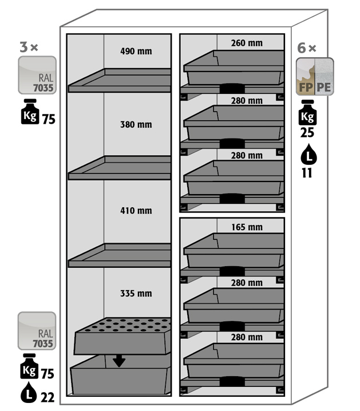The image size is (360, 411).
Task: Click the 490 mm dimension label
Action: click(136, 51)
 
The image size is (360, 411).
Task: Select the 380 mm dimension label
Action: click(136, 125)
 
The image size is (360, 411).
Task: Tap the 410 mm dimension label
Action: click(136, 211)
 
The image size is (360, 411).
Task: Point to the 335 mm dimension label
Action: click(136, 293)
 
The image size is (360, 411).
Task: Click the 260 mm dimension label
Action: click(247, 43)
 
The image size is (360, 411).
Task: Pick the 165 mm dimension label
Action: click(247, 227)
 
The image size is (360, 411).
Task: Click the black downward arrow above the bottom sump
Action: click(119, 361)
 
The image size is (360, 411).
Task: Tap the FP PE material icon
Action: click(315, 77)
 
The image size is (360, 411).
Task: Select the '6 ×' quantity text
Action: click(307, 48)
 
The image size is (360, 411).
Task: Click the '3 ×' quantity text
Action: click(29, 47)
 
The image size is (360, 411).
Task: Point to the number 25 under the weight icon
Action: click(307, 133)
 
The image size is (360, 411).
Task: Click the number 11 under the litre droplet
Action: click(307, 173)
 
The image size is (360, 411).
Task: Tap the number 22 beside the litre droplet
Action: click(48, 398)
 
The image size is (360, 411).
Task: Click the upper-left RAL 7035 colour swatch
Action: click(37, 75)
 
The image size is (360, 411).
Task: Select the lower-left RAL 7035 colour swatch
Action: click(37, 331)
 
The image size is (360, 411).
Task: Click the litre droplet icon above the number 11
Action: click(308, 154)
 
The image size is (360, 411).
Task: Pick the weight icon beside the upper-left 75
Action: click(30, 112)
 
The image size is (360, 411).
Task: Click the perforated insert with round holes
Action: click(122, 336)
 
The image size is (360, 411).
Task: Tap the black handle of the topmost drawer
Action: click(232, 88)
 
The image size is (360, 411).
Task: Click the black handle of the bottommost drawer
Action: click(232, 381)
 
